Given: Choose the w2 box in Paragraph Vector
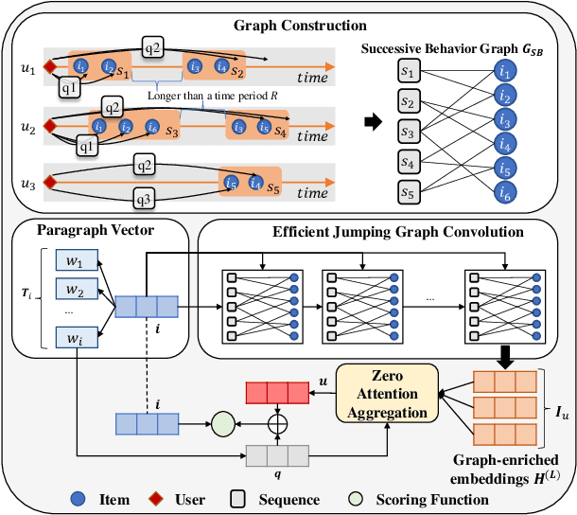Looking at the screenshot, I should click(68, 289).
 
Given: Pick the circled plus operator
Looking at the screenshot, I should click(277, 423).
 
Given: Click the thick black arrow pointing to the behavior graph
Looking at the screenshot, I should click(376, 124).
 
